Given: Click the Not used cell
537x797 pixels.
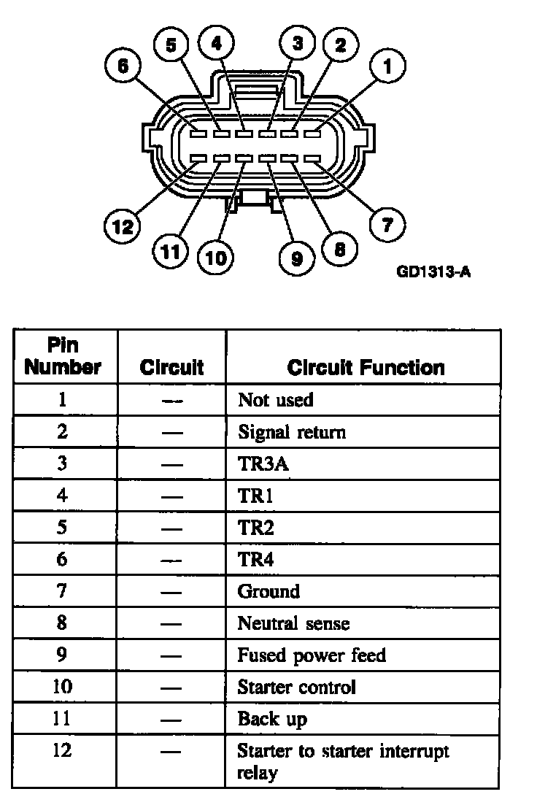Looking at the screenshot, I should click(x=276, y=400).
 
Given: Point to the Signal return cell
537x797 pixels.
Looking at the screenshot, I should click(x=292, y=432).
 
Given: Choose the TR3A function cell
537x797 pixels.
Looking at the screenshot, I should click(x=259, y=464).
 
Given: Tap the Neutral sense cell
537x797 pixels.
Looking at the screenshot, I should click(x=293, y=623).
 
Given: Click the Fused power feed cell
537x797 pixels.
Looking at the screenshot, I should click(x=312, y=655).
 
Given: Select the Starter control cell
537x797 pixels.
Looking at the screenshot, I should click(x=297, y=688).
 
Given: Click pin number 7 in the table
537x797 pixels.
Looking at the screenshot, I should click(x=63, y=591).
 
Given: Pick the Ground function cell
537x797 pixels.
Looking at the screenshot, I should click(x=268, y=591).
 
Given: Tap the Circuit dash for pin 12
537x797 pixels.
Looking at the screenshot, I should click(x=172, y=752).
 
